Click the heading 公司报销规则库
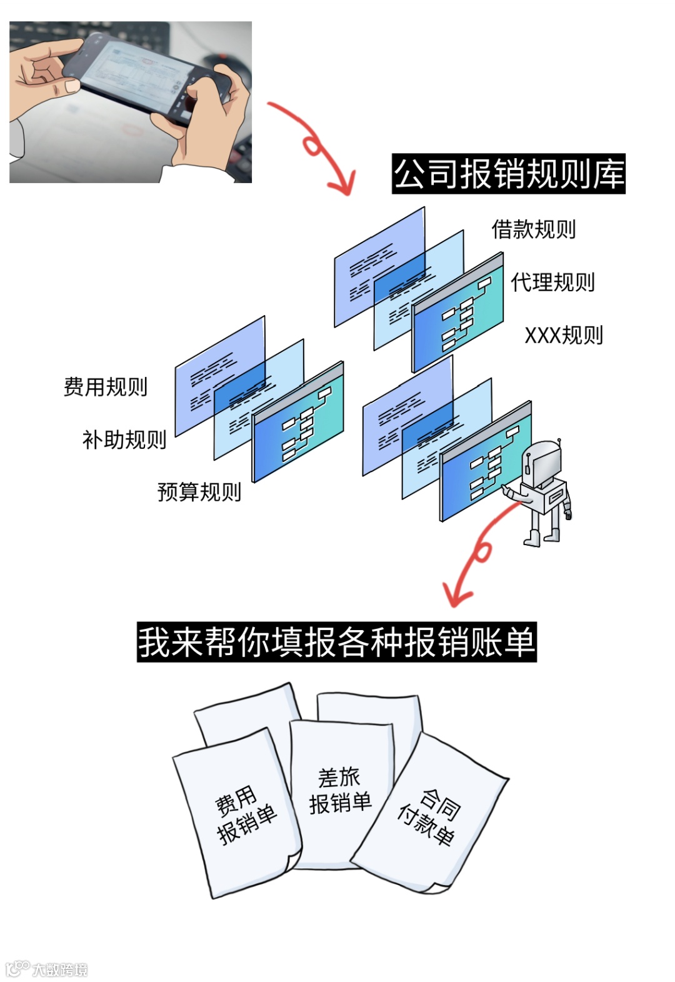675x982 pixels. (x=509, y=174)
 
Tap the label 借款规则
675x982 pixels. (x=533, y=229)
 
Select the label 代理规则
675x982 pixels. (x=552, y=283)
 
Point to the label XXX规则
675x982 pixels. (x=564, y=336)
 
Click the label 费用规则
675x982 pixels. (x=106, y=387)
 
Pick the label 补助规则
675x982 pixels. (x=124, y=440)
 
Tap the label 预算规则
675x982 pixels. (x=199, y=492)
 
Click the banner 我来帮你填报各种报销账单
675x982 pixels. (x=337, y=642)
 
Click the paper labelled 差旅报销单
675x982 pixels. (x=340, y=791)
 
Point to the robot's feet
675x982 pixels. (x=542, y=538)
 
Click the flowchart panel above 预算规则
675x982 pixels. (x=299, y=422)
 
